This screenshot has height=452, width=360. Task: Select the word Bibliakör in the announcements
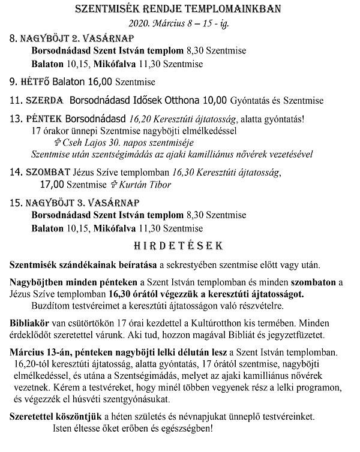(x=30, y=322)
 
